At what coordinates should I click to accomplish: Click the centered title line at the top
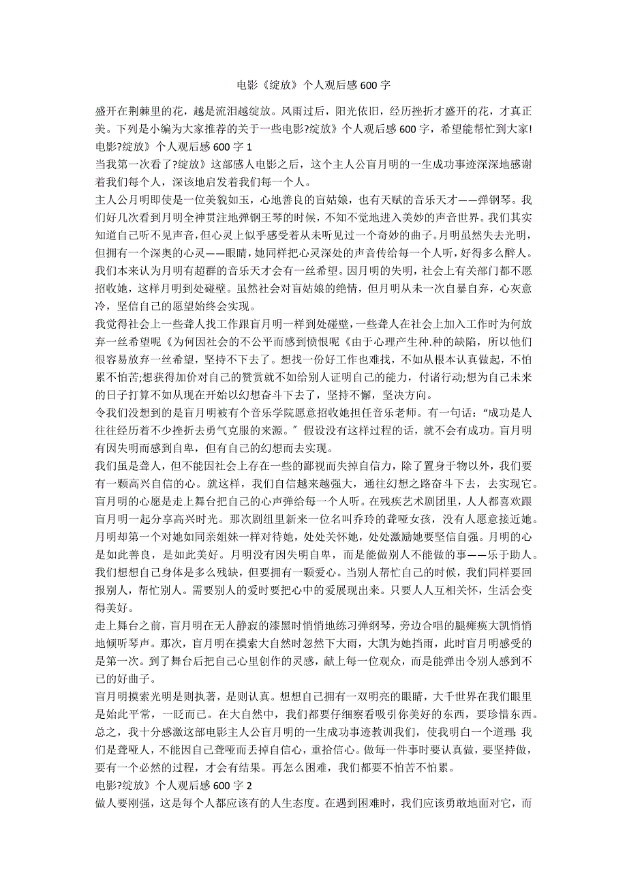[x=313, y=86]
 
